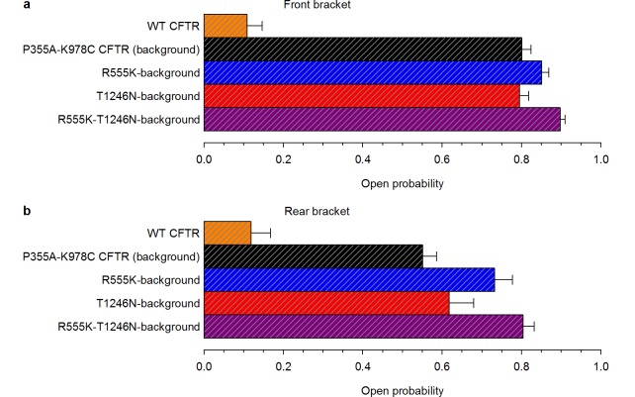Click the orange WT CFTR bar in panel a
pos(226,25)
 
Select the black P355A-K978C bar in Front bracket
pos(363,49)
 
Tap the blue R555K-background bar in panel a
pos(373,72)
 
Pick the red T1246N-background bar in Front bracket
pos(362,96)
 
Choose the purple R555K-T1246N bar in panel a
pos(382,120)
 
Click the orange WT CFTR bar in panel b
pos(227,234)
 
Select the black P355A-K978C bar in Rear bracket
pos(314,257)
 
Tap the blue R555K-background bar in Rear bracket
pos(349,280)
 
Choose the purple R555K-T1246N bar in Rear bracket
pos(363,326)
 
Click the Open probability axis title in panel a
pos(402,183)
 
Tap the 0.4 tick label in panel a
pos(363,157)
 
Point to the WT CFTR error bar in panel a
pos(255,25)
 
